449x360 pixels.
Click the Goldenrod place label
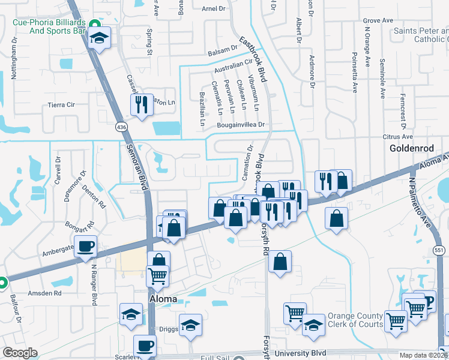411,148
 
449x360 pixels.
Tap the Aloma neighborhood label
163,299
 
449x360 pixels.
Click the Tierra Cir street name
60,104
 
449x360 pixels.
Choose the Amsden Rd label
45,293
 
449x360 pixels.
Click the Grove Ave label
378,20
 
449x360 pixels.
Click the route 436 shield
122,127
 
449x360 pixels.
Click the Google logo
20,353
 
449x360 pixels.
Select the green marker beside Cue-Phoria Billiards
94,24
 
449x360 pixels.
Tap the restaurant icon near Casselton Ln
142,105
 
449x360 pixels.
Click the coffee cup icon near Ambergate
86,245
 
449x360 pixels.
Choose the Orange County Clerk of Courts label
355,320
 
